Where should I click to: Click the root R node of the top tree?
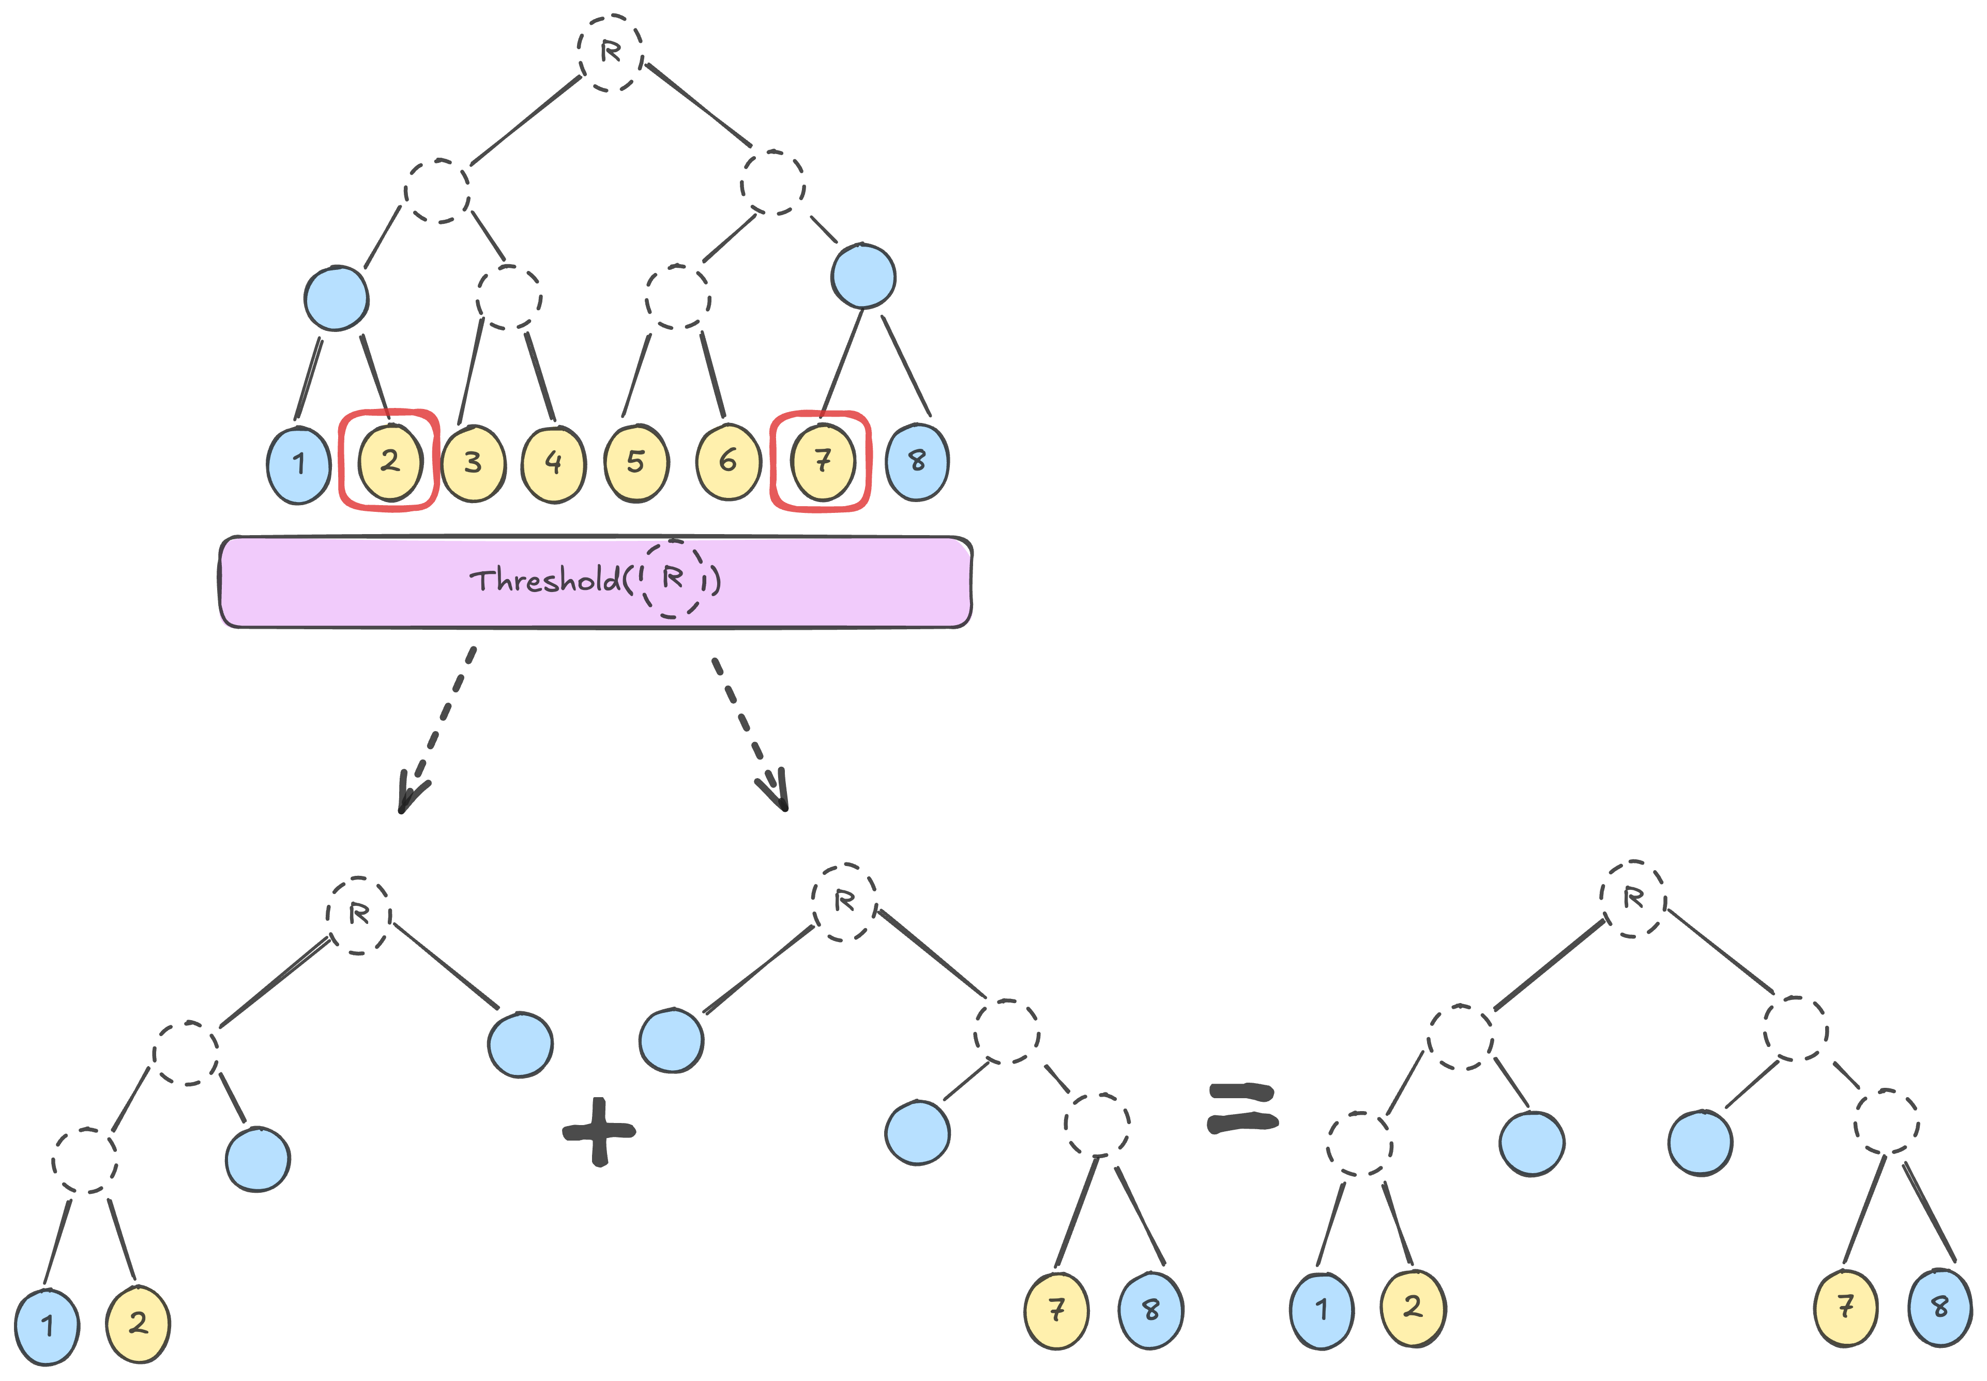coord(610,52)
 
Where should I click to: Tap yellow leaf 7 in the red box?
coord(823,461)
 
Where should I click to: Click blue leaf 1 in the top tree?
coord(299,465)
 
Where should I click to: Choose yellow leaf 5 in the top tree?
coord(636,463)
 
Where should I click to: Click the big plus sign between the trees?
coord(599,1131)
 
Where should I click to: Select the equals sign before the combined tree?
coord(1242,1109)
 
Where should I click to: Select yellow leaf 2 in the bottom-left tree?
coord(138,1324)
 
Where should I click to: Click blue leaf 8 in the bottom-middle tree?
coord(1150,1311)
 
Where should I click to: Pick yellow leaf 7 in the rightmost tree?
coord(1845,1308)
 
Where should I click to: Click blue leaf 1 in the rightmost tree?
coord(1321,1310)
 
